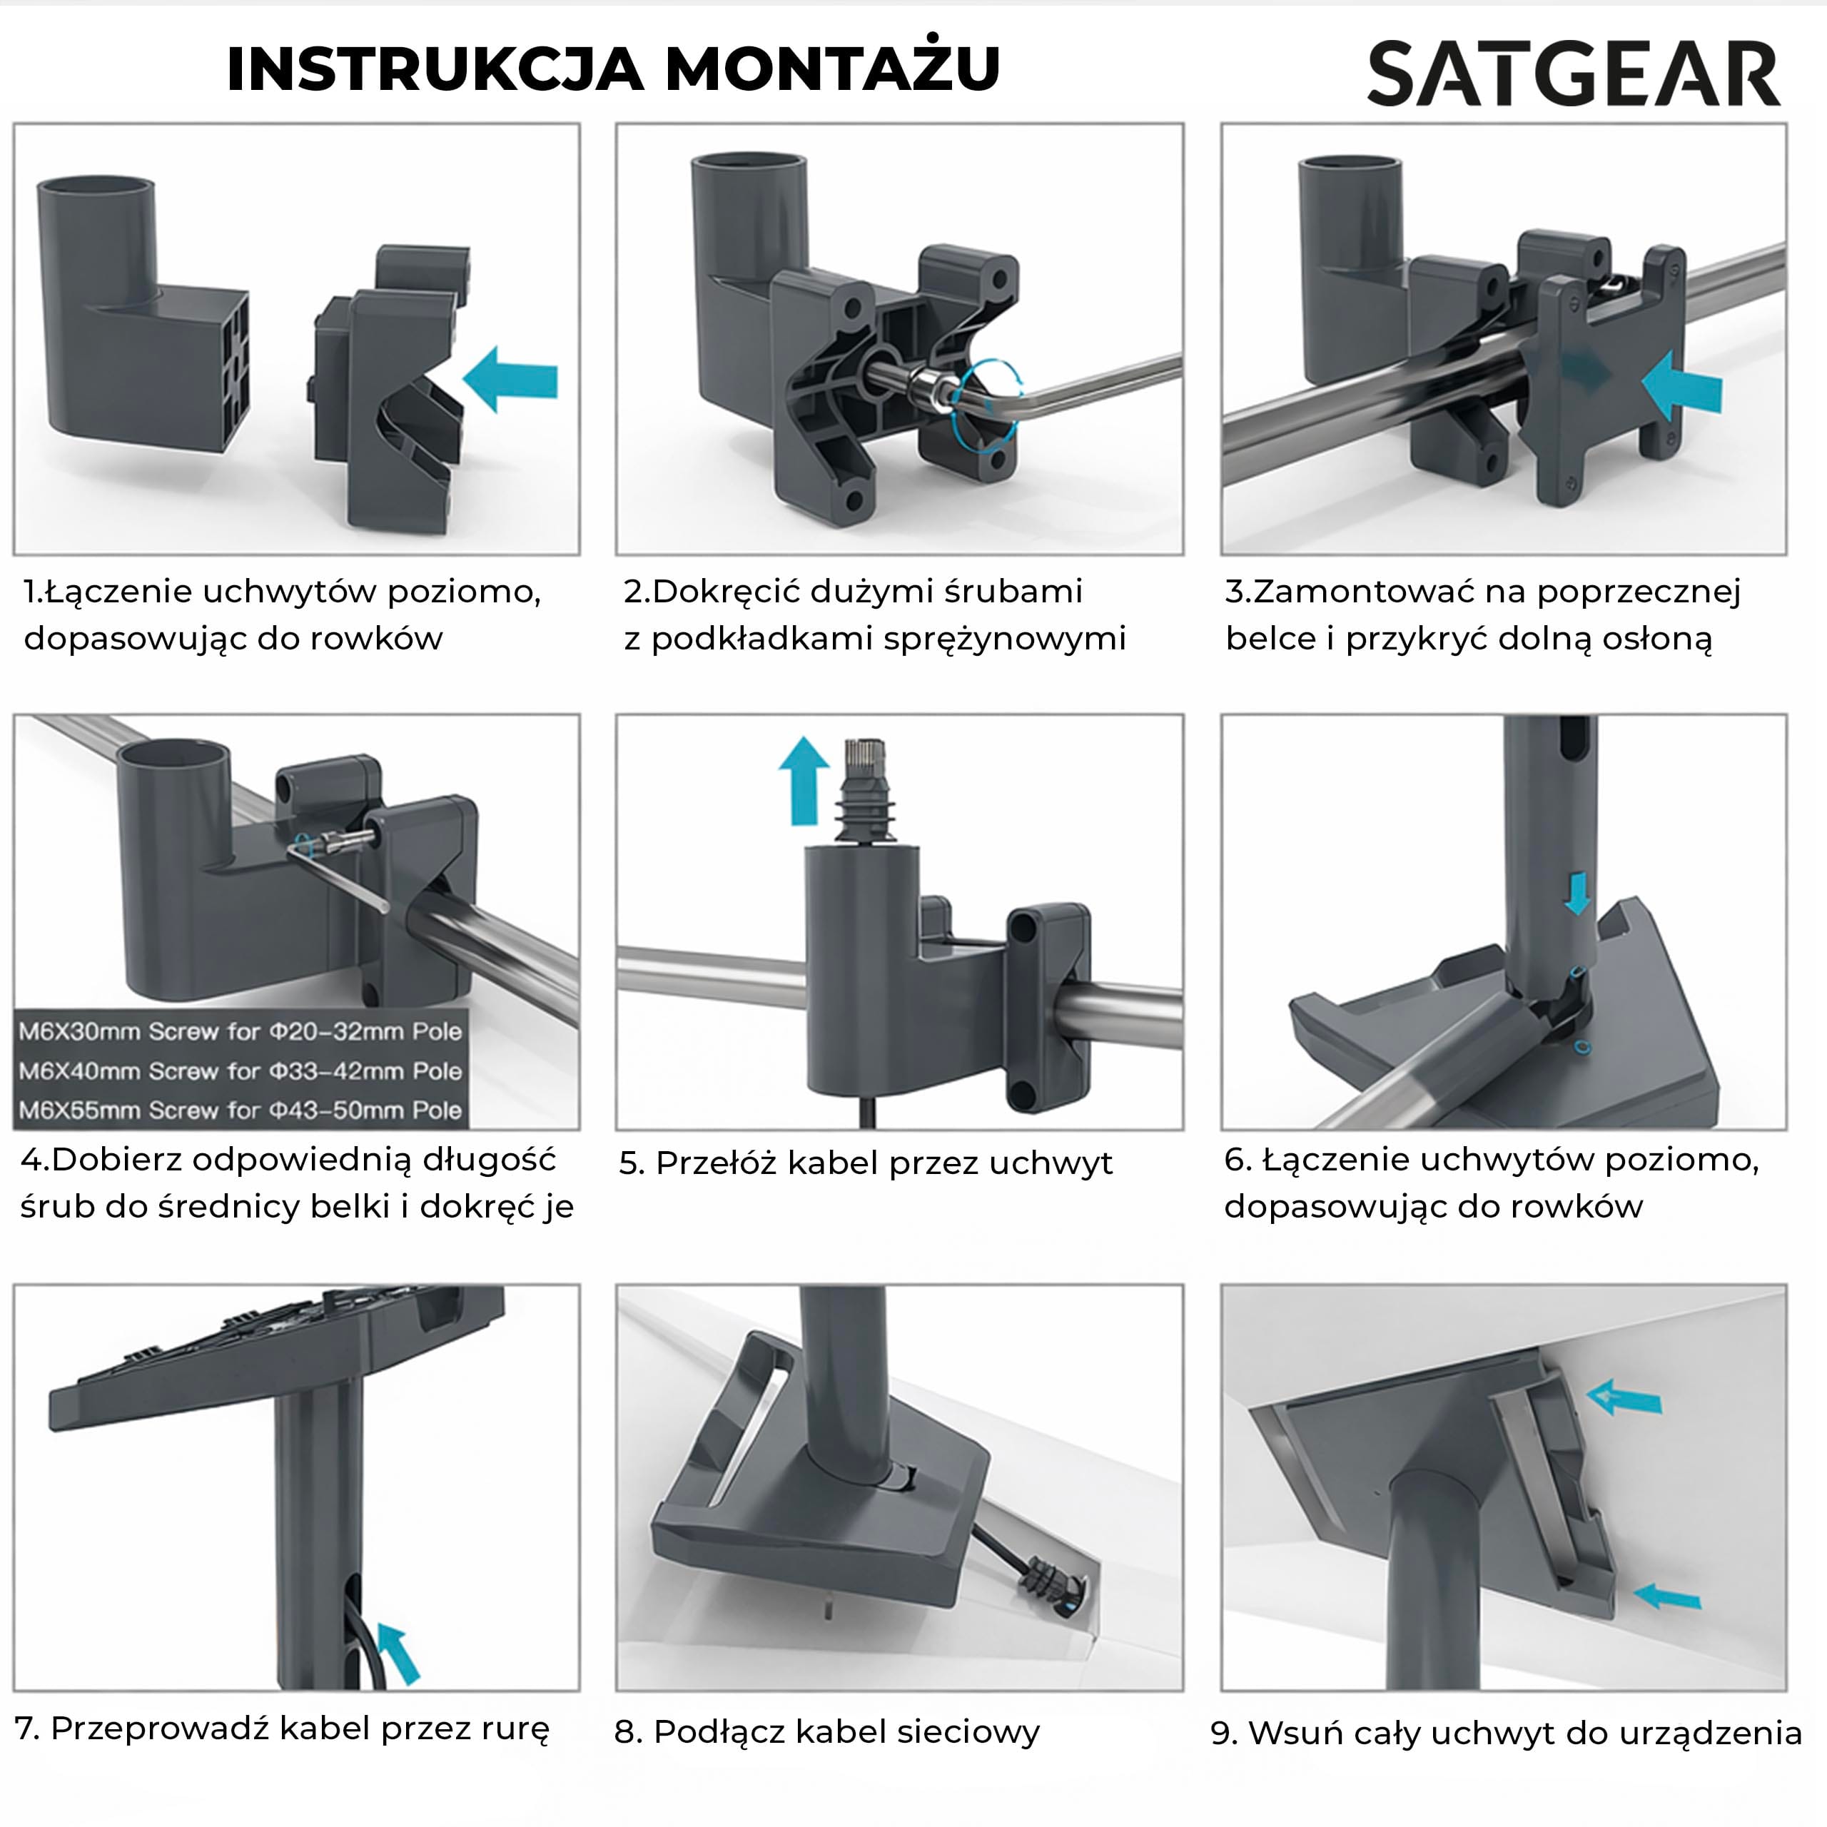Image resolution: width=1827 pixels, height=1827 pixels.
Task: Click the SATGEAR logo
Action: tap(1574, 73)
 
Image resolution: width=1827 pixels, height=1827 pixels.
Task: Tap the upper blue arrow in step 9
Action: tap(1624, 1423)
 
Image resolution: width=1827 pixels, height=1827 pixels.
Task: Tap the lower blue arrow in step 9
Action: tap(1666, 1596)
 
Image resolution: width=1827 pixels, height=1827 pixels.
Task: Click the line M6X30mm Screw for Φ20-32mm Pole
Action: tap(241, 1031)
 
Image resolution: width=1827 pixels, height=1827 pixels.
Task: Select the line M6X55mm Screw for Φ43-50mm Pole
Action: tap(241, 1109)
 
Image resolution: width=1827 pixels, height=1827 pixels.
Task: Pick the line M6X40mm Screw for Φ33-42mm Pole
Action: tap(241, 1071)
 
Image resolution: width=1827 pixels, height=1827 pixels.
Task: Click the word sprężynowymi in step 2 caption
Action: tap(1004, 640)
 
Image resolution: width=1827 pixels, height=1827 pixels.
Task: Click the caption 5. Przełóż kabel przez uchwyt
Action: tap(865, 1163)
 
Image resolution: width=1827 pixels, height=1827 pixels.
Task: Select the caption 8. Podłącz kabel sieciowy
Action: tap(826, 1731)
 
